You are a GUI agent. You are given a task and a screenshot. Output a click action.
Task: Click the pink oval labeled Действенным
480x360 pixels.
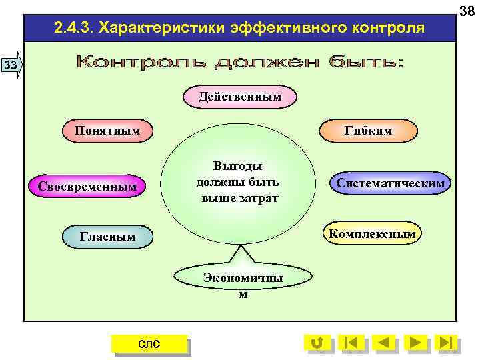tap(239, 97)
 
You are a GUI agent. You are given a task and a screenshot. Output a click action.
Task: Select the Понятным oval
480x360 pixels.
tap(107, 130)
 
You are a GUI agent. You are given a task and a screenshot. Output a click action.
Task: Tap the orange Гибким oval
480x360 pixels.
tap(368, 131)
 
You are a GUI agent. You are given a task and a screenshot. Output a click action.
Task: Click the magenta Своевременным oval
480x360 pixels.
tap(87, 186)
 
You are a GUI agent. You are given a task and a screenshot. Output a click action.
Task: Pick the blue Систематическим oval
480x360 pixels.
tap(390, 183)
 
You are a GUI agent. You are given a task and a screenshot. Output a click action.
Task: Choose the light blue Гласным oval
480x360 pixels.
tap(107, 236)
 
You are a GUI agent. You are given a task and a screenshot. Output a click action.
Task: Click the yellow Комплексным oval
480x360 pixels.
tap(371, 233)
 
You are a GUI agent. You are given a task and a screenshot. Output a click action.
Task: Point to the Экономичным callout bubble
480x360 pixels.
tap(243, 283)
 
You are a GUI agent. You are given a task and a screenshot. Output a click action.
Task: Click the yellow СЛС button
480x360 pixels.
tap(149, 343)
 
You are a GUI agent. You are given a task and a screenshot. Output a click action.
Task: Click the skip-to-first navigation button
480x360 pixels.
tap(351, 343)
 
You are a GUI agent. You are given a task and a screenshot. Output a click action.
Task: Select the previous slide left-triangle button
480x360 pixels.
tap(383, 343)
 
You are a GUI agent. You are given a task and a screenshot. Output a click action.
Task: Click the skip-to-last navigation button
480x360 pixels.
tap(447, 343)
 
